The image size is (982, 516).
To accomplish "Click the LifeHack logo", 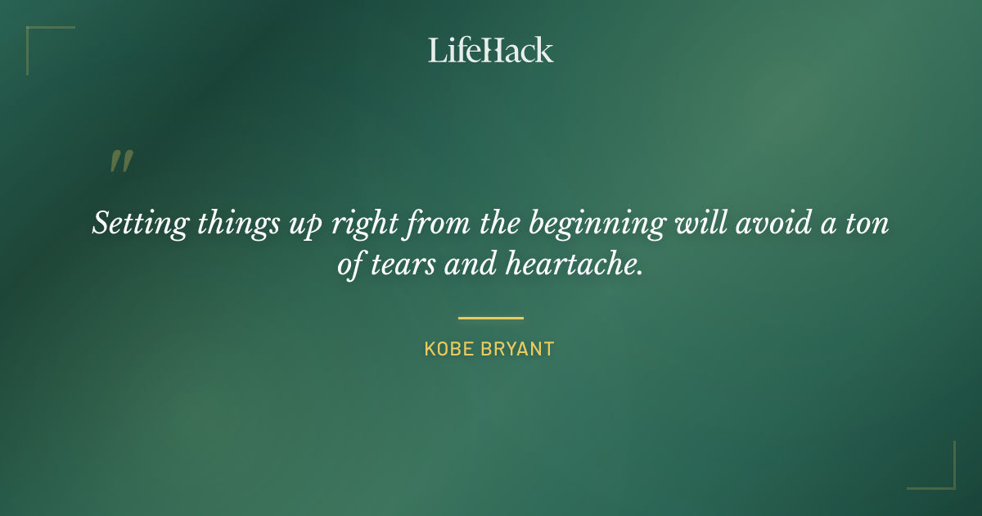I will pyautogui.click(x=490, y=50).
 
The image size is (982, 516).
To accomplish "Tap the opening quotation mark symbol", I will pyautogui.click(x=121, y=161).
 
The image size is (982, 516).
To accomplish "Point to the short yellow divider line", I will pyautogui.click(x=490, y=318).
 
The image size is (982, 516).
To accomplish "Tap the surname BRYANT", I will pyautogui.click(x=517, y=349).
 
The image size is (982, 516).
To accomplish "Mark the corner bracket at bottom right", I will pyautogui.click(x=941, y=475).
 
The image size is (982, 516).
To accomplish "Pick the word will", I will pyautogui.click(x=691, y=224).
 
